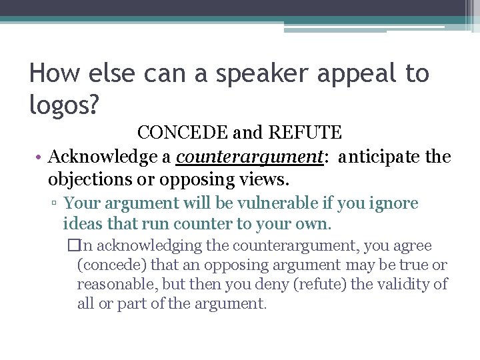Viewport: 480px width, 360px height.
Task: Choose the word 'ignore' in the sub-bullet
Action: [x=394, y=203]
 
